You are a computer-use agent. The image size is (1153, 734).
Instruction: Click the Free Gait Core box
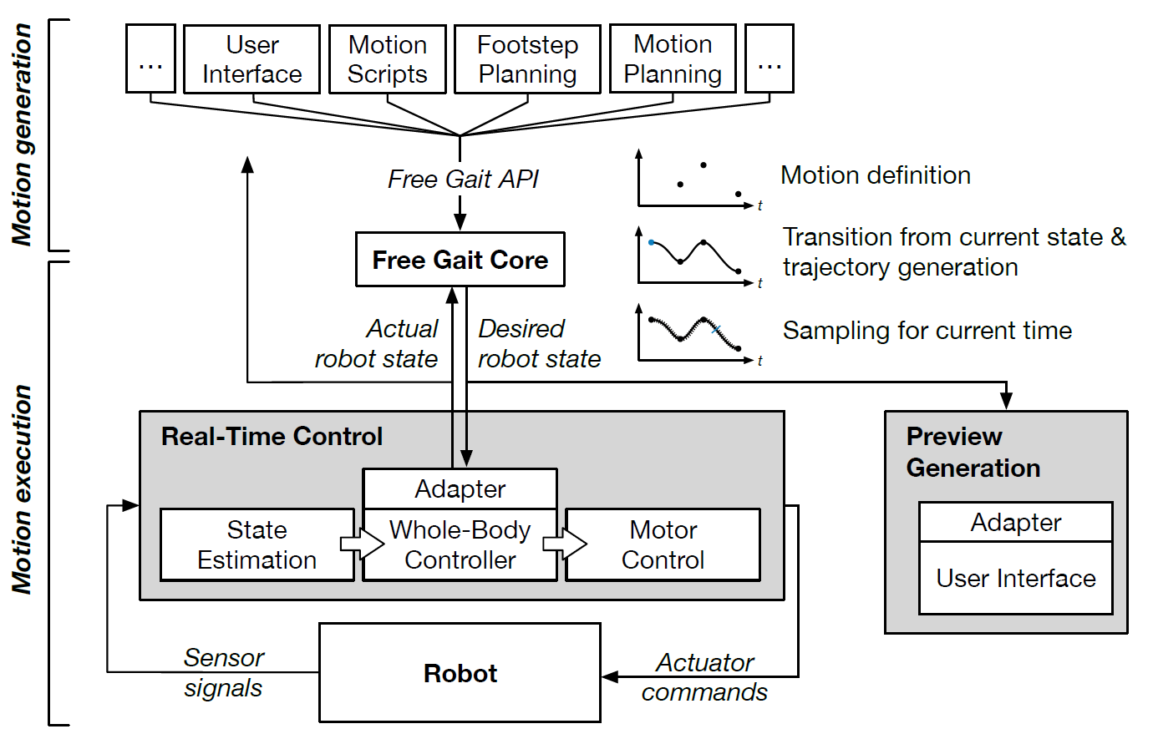(460, 260)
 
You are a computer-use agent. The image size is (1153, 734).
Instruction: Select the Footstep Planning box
(527, 59)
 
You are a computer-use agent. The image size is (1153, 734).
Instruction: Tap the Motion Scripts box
(387, 59)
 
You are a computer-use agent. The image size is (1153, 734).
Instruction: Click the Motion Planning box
(673, 59)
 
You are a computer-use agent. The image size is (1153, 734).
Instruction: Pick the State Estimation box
(257, 545)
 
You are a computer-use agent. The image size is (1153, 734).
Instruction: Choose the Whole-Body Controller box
(460, 545)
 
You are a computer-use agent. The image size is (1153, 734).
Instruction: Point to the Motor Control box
(663, 545)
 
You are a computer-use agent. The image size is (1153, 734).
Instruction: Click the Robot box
(460, 673)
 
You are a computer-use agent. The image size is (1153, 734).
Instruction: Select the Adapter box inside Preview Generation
(1015, 523)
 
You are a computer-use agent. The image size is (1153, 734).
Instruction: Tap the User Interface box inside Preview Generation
(1015, 578)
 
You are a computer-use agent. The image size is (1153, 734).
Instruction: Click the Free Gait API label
(463, 180)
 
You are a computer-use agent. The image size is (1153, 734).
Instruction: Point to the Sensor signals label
(223, 673)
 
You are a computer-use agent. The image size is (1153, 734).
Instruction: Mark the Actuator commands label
(704, 677)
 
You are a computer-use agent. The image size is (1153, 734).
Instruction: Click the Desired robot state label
(539, 344)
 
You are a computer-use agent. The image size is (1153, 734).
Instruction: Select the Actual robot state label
(378, 344)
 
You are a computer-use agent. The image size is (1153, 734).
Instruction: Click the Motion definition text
(875, 175)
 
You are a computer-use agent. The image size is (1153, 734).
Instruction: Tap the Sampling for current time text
(927, 331)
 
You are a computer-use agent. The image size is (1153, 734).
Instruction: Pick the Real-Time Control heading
(272, 437)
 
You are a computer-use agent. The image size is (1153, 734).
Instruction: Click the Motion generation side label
(22, 134)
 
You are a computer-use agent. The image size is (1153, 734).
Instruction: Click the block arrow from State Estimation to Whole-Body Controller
(361, 544)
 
